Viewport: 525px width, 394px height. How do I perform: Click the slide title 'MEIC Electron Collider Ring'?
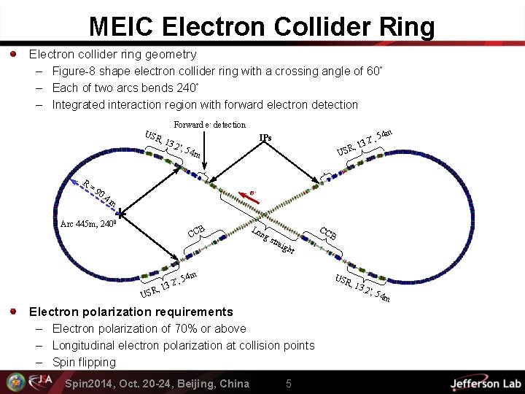262,27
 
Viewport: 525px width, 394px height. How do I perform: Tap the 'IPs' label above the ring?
265,137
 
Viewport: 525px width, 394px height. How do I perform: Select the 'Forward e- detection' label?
209,125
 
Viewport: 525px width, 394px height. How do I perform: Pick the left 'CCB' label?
196,231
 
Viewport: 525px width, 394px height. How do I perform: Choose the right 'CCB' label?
328,233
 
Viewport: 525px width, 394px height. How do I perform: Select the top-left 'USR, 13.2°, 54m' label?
174,144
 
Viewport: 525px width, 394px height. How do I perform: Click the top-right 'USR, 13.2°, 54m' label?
365,142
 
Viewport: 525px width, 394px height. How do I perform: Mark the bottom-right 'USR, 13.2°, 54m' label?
362,288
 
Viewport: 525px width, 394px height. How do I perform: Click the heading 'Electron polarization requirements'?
131,312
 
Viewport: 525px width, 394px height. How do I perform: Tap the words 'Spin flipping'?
84,362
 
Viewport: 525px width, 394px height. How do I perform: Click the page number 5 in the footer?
289,384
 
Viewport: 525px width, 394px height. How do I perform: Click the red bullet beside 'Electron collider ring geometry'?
14,54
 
